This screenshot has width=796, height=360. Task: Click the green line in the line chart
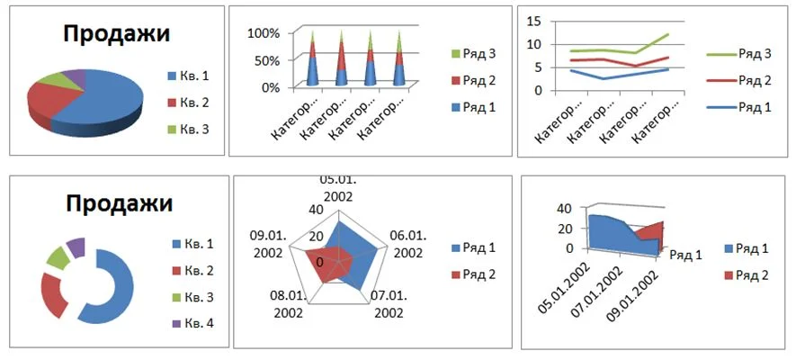pos(612,50)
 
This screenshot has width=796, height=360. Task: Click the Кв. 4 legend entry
pos(198,323)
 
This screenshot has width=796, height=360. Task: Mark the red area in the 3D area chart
pos(651,236)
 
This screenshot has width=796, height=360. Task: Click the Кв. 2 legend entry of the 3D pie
pos(196,103)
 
